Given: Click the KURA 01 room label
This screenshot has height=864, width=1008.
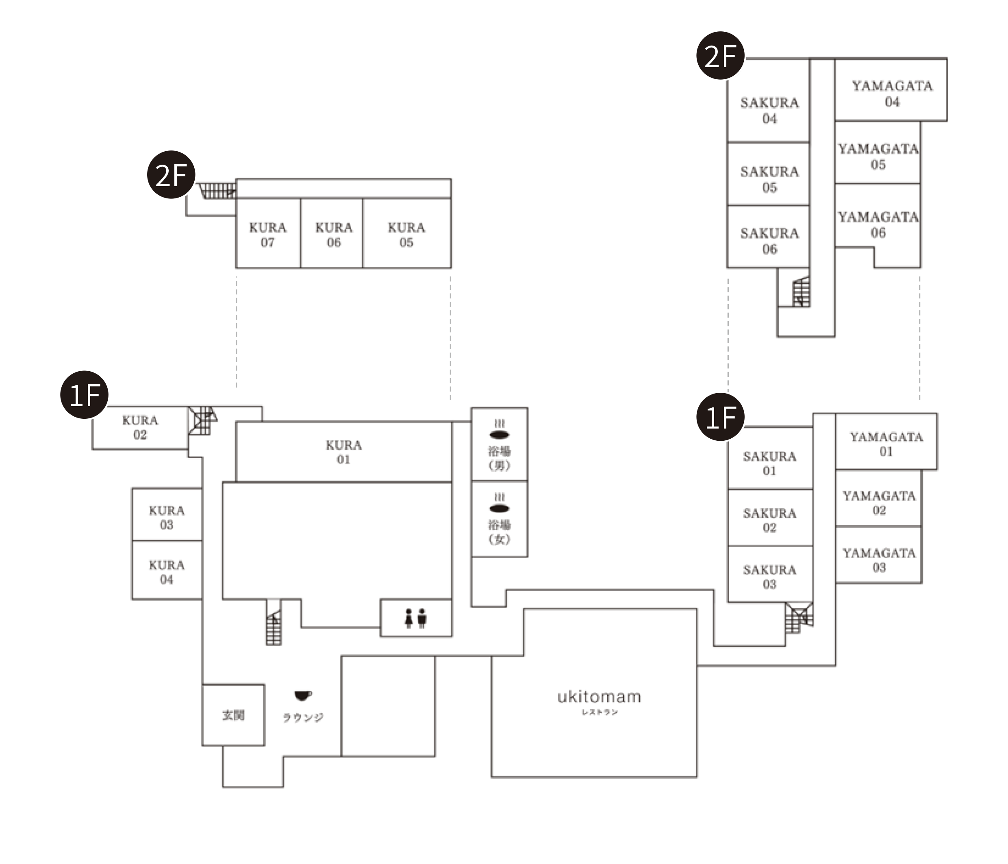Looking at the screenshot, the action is point(343,452).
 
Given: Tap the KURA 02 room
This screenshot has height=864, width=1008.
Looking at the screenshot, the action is point(140,428).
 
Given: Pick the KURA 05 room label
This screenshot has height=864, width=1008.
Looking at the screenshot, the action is point(406,235).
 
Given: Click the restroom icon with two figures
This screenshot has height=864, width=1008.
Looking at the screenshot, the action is point(415,618).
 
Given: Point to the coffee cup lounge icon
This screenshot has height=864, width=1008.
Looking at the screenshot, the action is point(302,695).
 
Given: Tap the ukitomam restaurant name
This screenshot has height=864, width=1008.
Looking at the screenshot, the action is point(599,697).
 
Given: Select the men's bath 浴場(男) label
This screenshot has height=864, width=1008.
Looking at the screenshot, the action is point(499,458).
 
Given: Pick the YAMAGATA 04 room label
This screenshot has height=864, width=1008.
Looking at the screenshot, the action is point(892,94).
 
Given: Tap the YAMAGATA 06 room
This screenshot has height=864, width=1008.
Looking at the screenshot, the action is point(878,225).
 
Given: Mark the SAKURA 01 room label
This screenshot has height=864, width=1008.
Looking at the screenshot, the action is point(769,463).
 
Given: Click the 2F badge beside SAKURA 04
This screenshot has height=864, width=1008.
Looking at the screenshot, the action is point(721,55).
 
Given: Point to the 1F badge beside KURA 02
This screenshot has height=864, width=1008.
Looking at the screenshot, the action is point(85,394).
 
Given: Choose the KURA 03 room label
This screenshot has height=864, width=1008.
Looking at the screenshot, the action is point(166,518).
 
